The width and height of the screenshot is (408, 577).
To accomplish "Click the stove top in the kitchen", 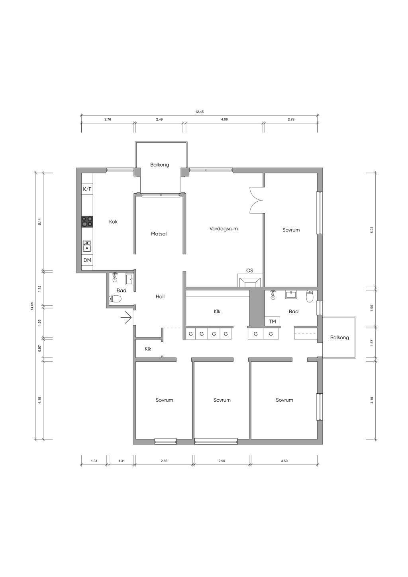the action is tap(87, 222).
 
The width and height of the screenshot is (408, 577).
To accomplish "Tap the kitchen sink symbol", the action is tap(87, 246).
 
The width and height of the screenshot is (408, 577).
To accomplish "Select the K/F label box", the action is tap(87, 189).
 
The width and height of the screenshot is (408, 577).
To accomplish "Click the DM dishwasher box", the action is tap(87, 260).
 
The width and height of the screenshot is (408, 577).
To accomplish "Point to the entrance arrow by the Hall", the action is tap(126, 317).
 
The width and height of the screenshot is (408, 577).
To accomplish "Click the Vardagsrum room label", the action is tap(224, 229).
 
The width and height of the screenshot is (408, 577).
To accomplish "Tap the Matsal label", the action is tap(159, 234).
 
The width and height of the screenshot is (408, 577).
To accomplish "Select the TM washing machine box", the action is tap(272, 322).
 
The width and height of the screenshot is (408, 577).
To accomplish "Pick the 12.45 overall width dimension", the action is tap(200, 112).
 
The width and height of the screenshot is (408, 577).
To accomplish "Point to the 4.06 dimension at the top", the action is tap(224, 120).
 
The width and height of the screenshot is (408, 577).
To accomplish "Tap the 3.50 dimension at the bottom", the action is tap(284, 461).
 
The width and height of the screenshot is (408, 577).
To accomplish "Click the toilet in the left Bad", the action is tap(115, 299).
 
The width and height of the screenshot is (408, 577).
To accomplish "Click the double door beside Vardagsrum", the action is tap(256, 200).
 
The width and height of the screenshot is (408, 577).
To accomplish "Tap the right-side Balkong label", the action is tap(339, 338).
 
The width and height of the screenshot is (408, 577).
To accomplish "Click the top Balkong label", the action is tap(160, 165).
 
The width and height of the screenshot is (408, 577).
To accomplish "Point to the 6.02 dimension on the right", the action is tap(371, 230).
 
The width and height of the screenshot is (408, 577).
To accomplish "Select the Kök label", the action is tap(113, 222).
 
